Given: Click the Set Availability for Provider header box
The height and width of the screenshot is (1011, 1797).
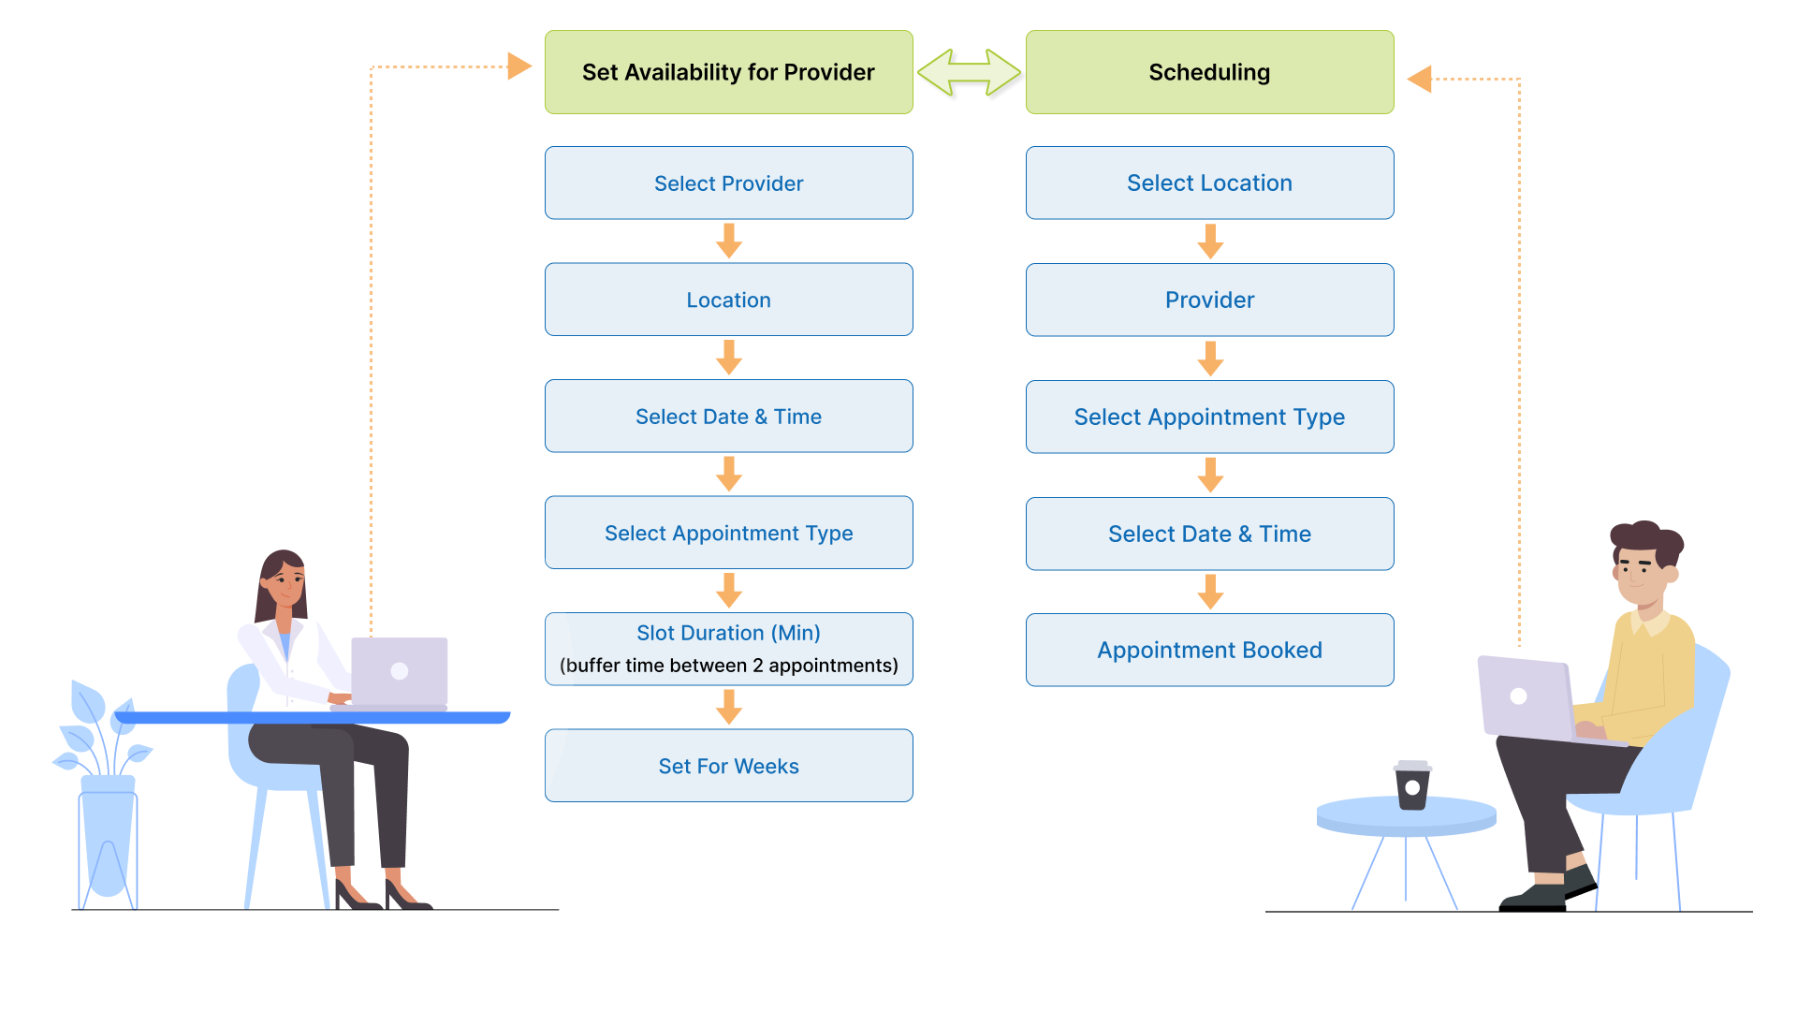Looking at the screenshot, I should click(728, 72).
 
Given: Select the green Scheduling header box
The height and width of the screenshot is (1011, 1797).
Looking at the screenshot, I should click(1209, 72).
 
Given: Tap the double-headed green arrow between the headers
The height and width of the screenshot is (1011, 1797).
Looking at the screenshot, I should click(969, 72).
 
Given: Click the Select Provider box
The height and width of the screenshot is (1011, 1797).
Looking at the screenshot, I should click(728, 183).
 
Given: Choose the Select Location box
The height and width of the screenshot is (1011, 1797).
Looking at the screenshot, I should click(1209, 183).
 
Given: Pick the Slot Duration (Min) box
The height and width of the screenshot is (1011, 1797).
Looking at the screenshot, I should click(728, 634).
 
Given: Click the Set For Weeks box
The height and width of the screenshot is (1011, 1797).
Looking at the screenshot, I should click(728, 766).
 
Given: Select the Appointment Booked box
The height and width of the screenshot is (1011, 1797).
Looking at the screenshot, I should click(1209, 651).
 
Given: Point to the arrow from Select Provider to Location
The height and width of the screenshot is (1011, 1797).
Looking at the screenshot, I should click(729, 241).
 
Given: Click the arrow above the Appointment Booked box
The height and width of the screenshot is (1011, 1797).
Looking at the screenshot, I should click(1210, 592).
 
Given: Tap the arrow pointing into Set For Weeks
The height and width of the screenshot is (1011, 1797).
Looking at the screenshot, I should click(729, 707).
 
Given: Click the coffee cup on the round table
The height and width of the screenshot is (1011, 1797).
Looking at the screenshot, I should click(1412, 785).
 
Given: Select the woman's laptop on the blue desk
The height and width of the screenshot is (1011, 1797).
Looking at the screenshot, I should click(399, 672).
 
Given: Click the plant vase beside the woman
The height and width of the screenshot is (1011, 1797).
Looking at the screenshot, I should click(108, 833).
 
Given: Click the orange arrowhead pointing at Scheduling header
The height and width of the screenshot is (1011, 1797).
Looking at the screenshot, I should click(1420, 80).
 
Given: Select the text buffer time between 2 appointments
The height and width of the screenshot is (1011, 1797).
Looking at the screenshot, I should click(728, 666).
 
